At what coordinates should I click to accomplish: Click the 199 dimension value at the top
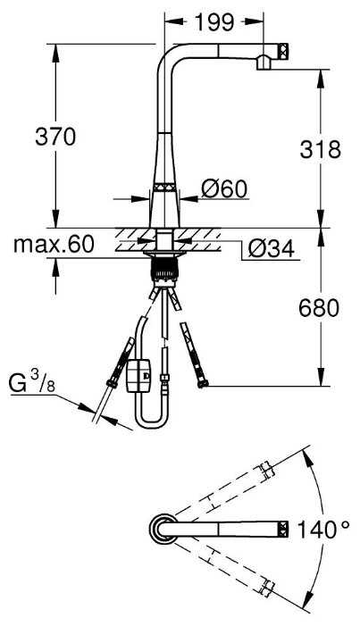tap(214, 22)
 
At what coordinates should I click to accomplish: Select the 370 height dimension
tap(55, 137)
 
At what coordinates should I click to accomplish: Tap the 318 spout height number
tap(321, 150)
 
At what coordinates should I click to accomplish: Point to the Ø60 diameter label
tap(224, 188)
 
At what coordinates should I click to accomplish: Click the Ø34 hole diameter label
tap(272, 249)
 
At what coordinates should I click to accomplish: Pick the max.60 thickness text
tap(54, 244)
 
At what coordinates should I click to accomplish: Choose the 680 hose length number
tap(319, 308)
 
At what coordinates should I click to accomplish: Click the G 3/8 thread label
tap(31, 382)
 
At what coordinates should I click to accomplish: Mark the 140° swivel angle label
tap(322, 530)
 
